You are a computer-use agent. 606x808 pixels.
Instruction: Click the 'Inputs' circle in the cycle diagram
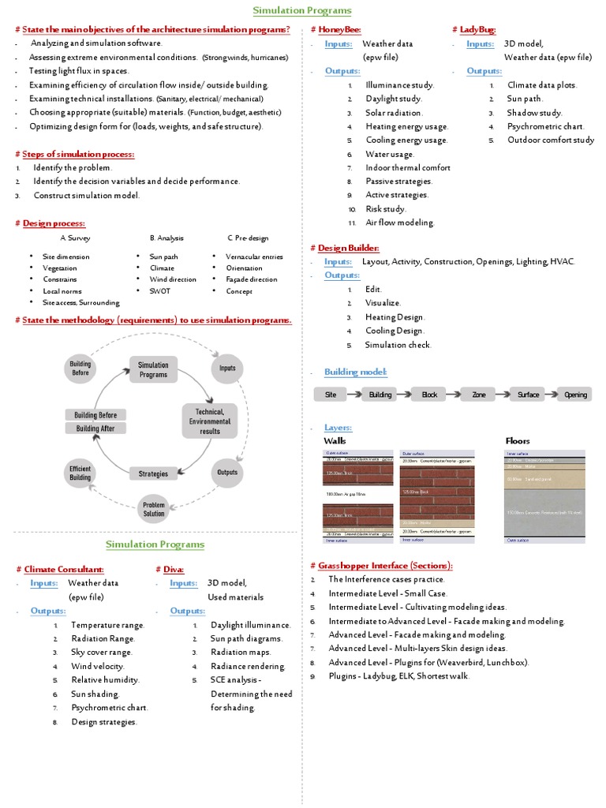coord(227,368)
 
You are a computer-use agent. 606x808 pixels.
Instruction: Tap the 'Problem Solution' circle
coord(154,508)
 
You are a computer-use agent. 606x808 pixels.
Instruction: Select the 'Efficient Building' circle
coord(80,473)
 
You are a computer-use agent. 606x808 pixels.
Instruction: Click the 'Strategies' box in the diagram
coord(153,473)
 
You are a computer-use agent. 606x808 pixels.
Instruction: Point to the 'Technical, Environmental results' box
coord(210,421)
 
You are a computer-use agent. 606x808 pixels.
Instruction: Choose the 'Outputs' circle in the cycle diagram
coord(227,473)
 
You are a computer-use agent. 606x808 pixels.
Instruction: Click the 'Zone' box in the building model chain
coord(479,395)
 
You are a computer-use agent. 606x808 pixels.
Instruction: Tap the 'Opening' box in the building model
coord(575,395)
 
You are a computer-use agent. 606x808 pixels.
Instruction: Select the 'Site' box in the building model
coord(331,395)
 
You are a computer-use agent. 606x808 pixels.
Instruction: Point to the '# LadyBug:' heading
coord(473,29)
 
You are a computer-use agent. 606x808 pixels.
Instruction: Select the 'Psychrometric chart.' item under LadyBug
coord(545,126)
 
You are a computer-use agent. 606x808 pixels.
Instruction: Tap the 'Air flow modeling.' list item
coord(399,223)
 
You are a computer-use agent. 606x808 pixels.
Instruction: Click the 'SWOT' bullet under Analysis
coord(159,291)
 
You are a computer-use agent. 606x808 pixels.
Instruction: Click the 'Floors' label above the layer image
coord(517,440)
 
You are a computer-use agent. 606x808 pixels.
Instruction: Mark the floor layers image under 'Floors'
coord(544,496)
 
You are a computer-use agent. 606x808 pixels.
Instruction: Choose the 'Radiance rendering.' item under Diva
coord(248,666)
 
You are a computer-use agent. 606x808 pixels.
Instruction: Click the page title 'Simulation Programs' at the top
coord(302,10)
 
